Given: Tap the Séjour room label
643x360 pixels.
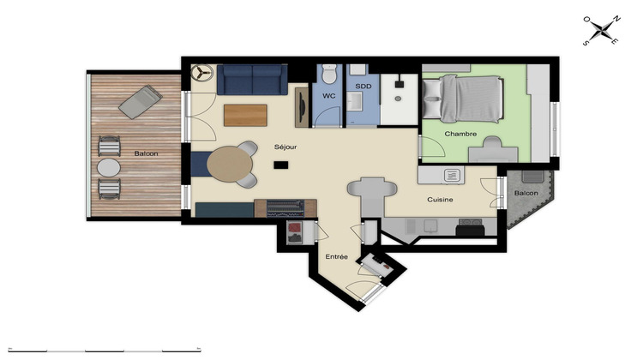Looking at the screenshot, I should coord(285,147).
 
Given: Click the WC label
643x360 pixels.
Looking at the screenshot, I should coord(328,96).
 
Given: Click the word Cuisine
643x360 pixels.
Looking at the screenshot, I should coord(441,200).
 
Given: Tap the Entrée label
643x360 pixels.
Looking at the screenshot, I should coord(335,257).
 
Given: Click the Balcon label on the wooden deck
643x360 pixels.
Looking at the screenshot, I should coord(146,153).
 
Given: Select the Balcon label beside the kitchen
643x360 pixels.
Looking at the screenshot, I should coord(526,194).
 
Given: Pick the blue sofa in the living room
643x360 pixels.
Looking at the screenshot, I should coord(250,79).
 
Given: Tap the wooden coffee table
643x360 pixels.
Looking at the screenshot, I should coord(245,114).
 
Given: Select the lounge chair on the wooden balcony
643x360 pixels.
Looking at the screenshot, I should coord(138,102).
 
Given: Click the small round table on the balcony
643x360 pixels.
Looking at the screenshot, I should coord(109,166).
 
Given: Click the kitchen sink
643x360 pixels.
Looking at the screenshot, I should coord(452,175).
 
